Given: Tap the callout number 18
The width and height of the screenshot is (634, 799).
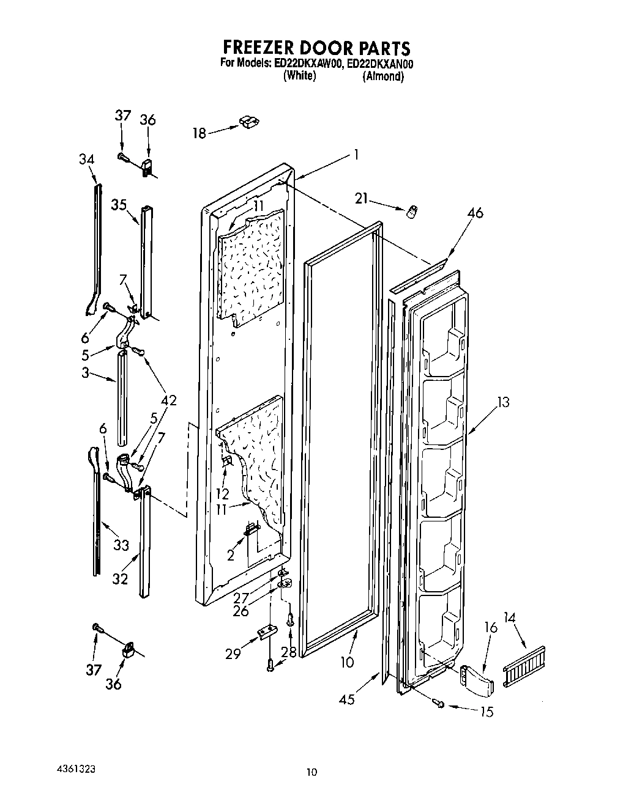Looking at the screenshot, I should tap(200, 133).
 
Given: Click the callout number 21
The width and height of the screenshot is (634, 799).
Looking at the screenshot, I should tap(362, 197).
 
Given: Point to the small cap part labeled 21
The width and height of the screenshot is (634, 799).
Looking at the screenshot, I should tap(412, 211).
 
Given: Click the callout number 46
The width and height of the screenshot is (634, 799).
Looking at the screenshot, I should tap(475, 213).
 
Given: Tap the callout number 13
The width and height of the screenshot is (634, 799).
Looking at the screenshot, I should tap(503, 402).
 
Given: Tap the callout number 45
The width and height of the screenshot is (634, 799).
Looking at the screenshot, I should tap(347, 699).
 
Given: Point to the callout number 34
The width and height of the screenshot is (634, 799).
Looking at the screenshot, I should tap(86, 160).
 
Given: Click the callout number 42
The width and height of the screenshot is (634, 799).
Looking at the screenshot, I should tap(168, 400).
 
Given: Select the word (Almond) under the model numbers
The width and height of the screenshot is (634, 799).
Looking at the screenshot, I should tap(383, 76).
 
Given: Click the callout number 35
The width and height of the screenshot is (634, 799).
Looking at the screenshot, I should tap(119, 204).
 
